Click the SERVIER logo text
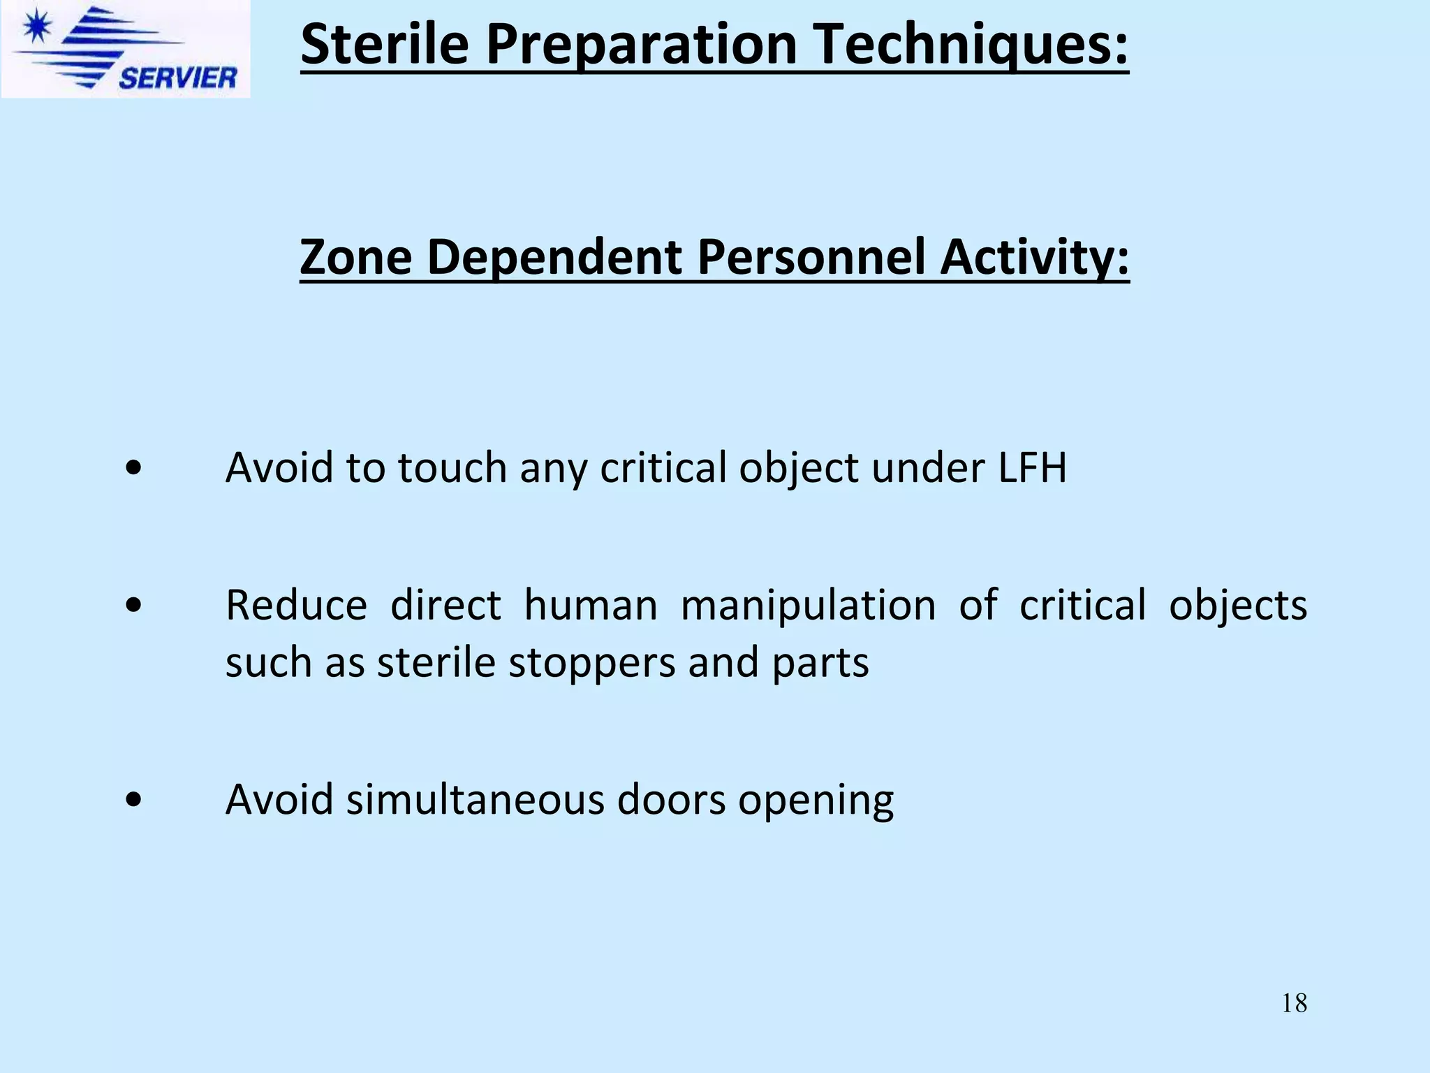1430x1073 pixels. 177,78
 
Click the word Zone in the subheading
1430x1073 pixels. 355,257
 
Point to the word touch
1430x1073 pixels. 452,467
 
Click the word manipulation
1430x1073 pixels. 808,605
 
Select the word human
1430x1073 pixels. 591,605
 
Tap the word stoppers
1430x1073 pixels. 591,662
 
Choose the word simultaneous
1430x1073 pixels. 475,799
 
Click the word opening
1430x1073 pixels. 816,801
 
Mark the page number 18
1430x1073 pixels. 1294,1003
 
